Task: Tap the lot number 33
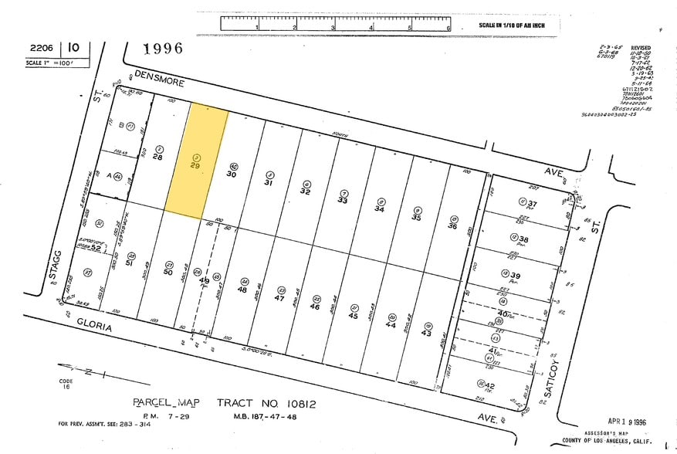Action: tap(343, 200)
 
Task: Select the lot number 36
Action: tap(452, 226)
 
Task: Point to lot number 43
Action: tap(426, 332)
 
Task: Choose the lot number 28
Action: tap(157, 157)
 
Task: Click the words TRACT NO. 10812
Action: tap(266, 403)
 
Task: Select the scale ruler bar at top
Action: tap(335, 24)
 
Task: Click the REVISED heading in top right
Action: tap(641, 47)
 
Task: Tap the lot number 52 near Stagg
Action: tap(96, 247)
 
